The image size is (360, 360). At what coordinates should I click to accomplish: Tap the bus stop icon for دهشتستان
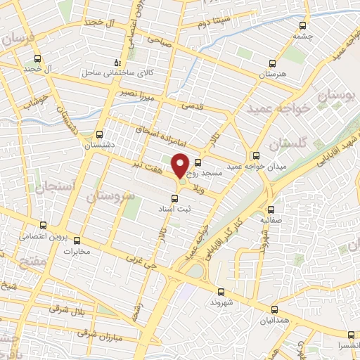(x=99, y=134)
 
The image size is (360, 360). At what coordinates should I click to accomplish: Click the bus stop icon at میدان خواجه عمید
(x=255, y=155)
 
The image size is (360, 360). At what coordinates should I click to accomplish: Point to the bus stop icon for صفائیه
(x=271, y=210)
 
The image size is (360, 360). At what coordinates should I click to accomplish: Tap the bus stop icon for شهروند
(x=221, y=291)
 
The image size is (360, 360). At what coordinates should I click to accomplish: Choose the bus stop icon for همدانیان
(x=274, y=309)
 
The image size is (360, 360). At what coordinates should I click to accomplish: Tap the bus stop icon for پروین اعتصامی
(x=44, y=226)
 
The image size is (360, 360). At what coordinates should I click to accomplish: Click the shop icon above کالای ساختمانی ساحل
(x=117, y=61)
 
